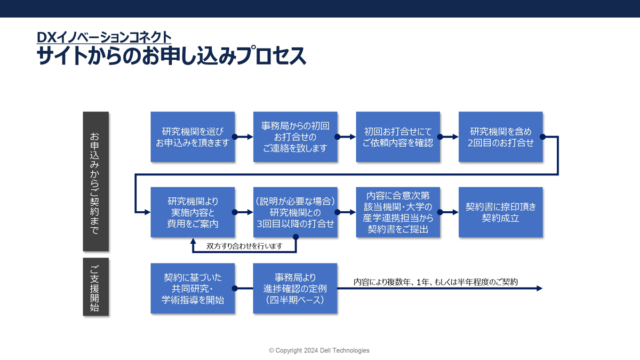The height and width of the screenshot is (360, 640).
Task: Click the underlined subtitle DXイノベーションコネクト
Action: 104,37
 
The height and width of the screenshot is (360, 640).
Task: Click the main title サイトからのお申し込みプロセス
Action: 171,55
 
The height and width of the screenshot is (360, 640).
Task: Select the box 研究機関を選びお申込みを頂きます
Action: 193,137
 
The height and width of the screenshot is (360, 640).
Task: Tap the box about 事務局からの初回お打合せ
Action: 295,137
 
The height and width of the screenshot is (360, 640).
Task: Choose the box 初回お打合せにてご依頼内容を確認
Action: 398,137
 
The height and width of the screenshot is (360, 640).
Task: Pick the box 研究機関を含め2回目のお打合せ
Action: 501,137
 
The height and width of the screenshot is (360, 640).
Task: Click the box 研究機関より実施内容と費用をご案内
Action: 193,212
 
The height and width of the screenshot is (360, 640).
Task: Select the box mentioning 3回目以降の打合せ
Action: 295,212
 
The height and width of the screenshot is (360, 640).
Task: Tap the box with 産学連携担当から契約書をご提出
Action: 398,212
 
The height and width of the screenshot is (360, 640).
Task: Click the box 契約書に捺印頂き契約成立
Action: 501,212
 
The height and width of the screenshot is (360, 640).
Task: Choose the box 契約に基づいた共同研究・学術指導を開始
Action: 193,289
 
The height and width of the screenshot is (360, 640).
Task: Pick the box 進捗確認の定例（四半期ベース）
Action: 295,289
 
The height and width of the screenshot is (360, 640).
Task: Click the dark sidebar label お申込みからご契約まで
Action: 95,181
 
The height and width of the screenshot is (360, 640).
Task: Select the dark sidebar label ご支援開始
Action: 95,287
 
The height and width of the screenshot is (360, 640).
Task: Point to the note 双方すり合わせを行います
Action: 244,246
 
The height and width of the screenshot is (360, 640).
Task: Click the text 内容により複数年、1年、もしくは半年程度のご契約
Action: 436,282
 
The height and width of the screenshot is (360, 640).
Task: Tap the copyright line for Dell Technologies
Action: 319,350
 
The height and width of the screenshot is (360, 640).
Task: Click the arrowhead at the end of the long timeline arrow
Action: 540,289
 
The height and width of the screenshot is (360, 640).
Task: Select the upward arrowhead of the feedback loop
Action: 193,242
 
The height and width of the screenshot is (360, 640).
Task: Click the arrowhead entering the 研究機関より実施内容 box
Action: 147,212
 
